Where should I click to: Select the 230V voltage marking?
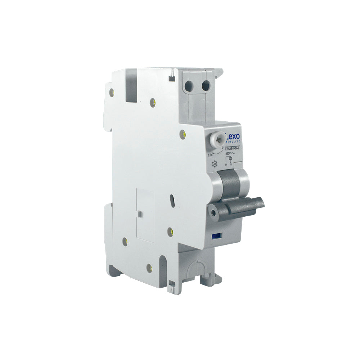coord(229,153)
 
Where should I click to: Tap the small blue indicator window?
coord(216,236)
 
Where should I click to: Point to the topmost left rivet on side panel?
coord(112,91)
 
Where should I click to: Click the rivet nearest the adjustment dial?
coord(183,134)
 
